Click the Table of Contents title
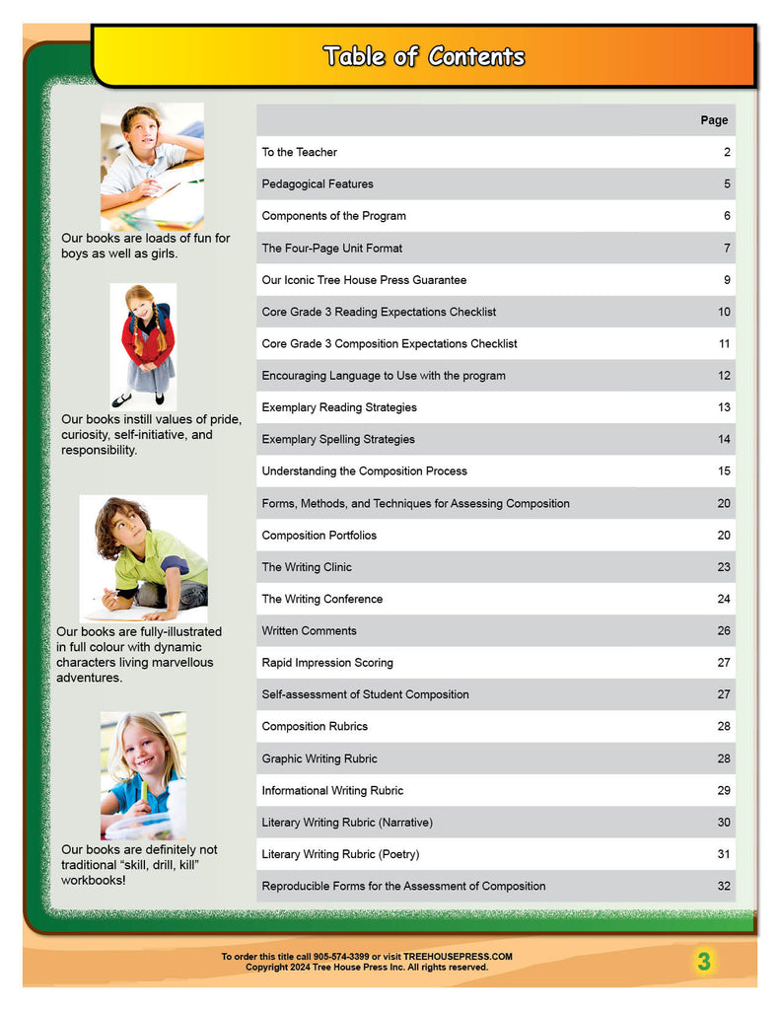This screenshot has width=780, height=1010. [x=423, y=56]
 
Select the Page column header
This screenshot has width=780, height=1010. [x=714, y=120]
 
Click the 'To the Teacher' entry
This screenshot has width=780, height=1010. [x=299, y=152]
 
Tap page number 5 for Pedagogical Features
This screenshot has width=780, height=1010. [x=727, y=184]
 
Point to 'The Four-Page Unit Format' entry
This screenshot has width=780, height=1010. [x=331, y=248]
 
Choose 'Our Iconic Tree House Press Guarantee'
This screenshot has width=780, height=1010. [x=364, y=280]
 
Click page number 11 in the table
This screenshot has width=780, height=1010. [x=724, y=344]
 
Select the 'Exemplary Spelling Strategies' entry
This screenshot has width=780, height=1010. [x=338, y=439]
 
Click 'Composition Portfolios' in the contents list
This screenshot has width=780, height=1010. [x=319, y=536]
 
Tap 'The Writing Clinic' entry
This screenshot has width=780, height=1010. [x=306, y=567]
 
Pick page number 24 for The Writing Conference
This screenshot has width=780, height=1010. [x=724, y=599]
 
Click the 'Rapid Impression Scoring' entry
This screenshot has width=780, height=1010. [x=326, y=663]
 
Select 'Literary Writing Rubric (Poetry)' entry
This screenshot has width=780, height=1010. [x=340, y=854]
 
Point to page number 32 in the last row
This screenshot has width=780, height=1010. [x=724, y=886]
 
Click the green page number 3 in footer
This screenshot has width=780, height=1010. [x=703, y=962]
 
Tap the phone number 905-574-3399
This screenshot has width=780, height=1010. [x=338, y=957]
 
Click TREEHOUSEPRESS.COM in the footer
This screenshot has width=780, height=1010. [x=458, y=957]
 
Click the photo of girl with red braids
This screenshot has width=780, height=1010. [x=143, y=345]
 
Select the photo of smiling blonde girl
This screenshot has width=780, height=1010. [x=143, y=775]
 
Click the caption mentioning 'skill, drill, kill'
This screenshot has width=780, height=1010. [x=139, y=864]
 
